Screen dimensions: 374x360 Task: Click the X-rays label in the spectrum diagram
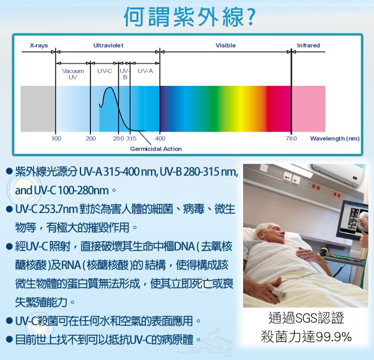39,45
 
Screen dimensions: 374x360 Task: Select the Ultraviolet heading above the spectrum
108,45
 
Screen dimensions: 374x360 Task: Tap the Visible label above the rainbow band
226,45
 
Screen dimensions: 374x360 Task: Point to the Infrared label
309,45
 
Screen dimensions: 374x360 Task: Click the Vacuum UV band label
73,74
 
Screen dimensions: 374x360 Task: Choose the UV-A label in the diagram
145,71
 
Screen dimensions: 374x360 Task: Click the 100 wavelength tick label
56,138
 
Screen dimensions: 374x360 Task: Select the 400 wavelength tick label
160,138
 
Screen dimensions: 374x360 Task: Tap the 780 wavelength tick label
292,138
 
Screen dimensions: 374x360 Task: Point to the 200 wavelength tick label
90,138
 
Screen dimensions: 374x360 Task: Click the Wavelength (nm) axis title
335,138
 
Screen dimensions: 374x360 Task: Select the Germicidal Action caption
156,149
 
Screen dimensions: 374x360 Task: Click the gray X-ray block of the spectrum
37,109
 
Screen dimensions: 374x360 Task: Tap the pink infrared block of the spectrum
309,109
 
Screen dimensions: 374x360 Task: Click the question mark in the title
250,17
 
